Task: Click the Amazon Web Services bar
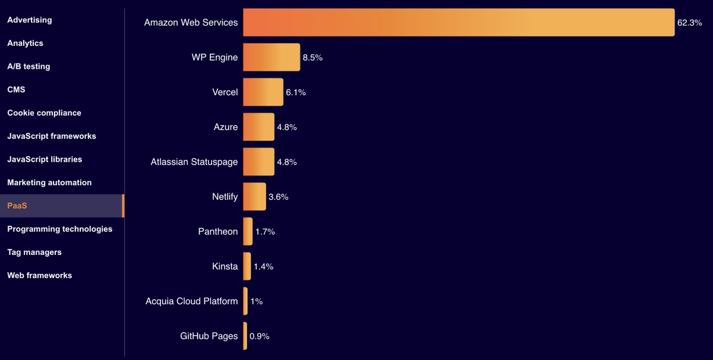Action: tap(459, 23)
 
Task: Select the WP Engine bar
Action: tap(272, 58)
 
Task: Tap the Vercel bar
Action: tap(263, 92)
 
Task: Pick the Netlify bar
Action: tap(254, 197)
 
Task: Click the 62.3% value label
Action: tap(689, 23)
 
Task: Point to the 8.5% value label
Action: tap(313, 58)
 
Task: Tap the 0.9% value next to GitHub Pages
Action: tap(260, 336)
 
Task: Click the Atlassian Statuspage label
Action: tap(194, 162)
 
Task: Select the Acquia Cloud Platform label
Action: tap(191, 301)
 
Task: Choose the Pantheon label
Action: tap(217, 232)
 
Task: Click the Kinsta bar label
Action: tap(225, 266)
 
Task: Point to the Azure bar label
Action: tap(226, 127)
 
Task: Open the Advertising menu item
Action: tap(30, 20)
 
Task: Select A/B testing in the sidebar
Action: tap(29, 67)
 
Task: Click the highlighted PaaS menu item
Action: tap(18, 206)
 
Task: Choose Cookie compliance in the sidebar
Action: tap(44, 113)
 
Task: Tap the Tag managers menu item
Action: tap(34, 252)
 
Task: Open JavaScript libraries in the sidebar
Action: tap(45, 159)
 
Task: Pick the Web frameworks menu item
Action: tap(39, 275)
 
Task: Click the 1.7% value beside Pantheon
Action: tap(265, 232)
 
